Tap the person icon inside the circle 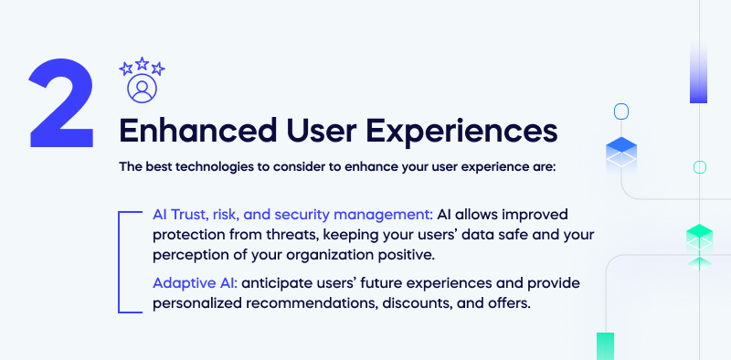[143, 89]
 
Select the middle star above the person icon [143, 65]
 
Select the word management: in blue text [382, 214]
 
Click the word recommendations [311, 303]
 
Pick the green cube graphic [699, 240]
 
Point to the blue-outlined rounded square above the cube [621, 111]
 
